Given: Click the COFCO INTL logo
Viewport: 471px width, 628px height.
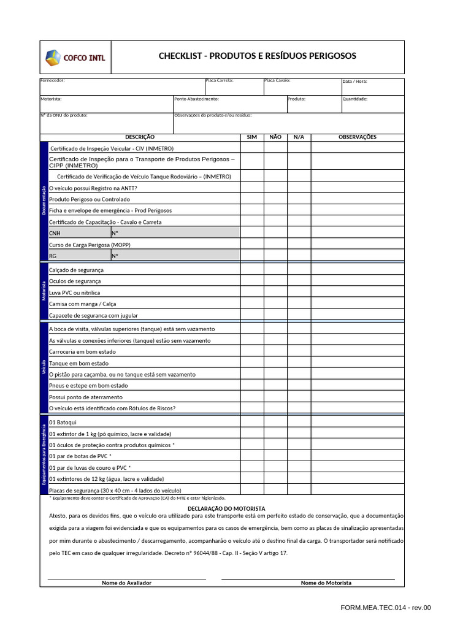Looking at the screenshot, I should coord(75,58).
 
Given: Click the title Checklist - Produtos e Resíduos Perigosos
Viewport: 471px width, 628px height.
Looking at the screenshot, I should coord(257,56).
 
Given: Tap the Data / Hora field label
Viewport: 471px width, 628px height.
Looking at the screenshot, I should coord(355,81).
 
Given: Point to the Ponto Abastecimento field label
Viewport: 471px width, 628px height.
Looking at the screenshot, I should coord(196,99).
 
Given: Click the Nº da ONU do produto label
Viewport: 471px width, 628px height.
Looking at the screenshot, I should coord(64,115).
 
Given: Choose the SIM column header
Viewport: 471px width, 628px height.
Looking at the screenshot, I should coord(251,137).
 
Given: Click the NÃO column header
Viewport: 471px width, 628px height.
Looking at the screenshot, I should coord(275,137).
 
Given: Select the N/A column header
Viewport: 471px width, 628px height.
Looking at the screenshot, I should coord(299,137).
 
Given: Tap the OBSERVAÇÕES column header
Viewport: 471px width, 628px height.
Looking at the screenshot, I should coord(358,137).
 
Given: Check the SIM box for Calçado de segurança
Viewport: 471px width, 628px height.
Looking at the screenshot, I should coord(251,270).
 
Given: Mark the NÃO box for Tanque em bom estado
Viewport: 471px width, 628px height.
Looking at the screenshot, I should coord(275,363).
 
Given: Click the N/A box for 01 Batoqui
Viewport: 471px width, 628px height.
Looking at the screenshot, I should coord(299,423).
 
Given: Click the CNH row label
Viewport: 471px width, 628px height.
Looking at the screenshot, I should coord(55,234).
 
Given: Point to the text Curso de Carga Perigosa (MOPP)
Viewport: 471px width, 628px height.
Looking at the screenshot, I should coord(90,245).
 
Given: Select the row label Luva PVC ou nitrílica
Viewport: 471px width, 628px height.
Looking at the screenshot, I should coord(74,293).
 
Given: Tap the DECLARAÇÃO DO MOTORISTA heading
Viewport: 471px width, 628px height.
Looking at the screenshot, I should coord(226,509).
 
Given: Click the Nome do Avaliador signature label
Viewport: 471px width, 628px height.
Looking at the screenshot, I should coord(126,583).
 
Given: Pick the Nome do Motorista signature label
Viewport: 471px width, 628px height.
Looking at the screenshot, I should coord(326,583).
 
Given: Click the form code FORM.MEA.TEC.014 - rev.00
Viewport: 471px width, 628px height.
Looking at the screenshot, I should coord(386,608).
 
